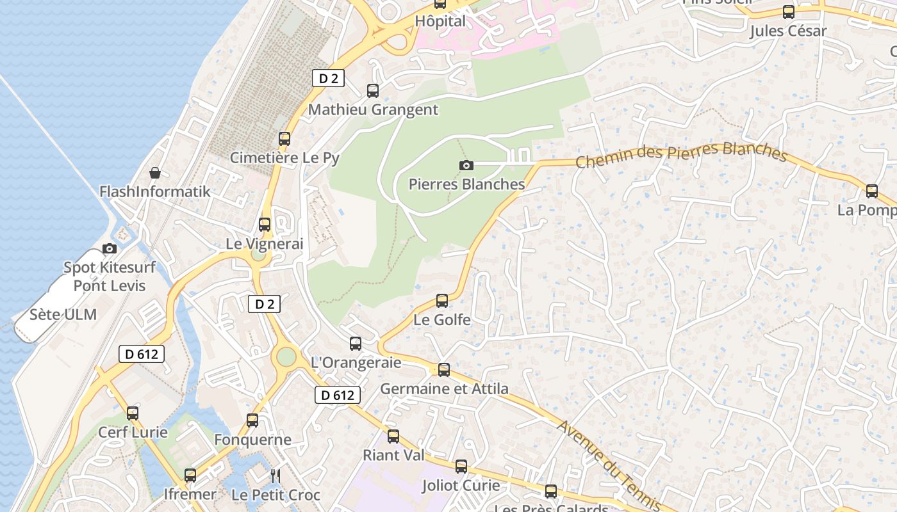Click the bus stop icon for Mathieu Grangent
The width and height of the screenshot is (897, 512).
coord(372,91)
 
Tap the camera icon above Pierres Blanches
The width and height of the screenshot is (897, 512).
coord(466,166)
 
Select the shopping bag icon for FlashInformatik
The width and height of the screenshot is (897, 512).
coord(155,173)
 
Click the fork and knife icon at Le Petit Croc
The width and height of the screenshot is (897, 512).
coord(276,476)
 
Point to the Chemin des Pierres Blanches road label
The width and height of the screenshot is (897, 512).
coord(680,154)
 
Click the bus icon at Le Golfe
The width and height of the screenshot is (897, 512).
coord(442,301)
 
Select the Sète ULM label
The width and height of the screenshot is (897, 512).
coord(63,314)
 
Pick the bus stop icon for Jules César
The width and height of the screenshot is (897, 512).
coord(788,12)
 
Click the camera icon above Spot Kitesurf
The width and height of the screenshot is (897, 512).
coord(110,248)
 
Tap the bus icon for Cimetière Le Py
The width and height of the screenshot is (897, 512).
coord(284,139)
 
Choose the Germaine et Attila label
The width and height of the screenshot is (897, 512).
coord(444,388)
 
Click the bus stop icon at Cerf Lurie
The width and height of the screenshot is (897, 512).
coord(133,413)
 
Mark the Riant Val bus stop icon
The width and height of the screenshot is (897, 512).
coord(393,436)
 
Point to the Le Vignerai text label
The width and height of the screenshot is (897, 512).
coord(264,244)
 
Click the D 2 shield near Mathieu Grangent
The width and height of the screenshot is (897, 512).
coord(328,78)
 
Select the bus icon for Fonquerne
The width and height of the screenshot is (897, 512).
coord(252,420)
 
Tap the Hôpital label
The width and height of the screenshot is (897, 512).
coord(440,21)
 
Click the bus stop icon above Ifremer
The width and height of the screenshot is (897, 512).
coord(190,476)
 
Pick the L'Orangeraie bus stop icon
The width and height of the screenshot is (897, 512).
coord(356,344)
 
